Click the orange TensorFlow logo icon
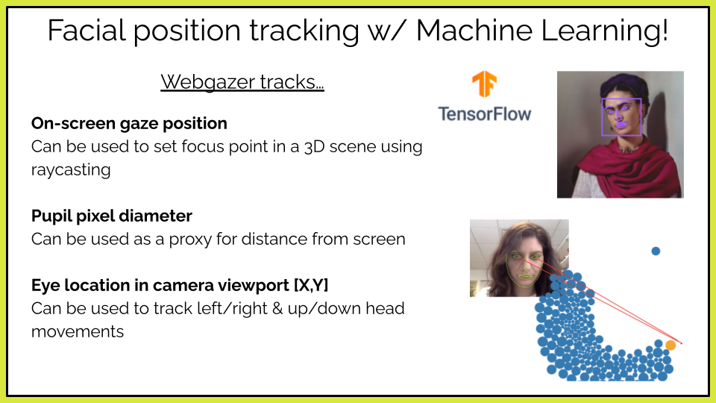484,84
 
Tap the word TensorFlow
485,114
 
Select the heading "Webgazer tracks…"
242,82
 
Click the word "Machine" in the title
474,30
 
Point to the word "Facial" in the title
87,30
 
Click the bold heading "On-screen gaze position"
129,123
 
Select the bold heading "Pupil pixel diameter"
112,216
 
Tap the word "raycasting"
71,170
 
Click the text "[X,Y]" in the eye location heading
311,285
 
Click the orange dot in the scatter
671,346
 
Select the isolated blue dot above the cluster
656,251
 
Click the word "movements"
77,331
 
